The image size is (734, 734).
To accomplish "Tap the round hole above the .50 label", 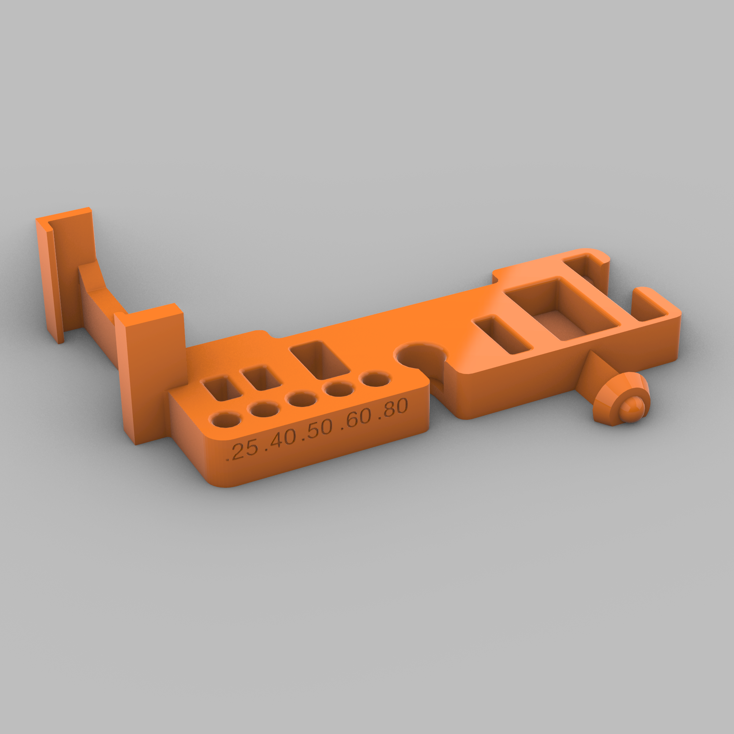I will coord(302,399).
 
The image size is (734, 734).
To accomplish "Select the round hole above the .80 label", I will coord(375,379).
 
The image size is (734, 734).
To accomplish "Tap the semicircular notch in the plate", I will coord(420,356).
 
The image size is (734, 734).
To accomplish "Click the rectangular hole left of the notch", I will coord(320,360).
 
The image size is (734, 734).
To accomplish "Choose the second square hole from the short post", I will coord(262,378).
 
